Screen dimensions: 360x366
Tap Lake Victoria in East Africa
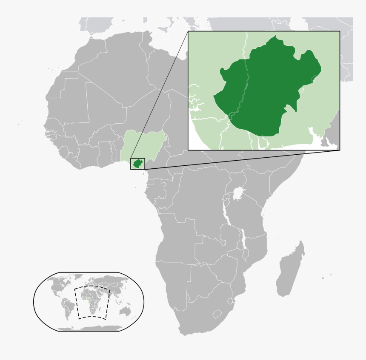click(x=237, y=194)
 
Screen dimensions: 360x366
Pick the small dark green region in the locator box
click(x=137, y=164)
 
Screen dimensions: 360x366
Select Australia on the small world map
click(x=125, y=311)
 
